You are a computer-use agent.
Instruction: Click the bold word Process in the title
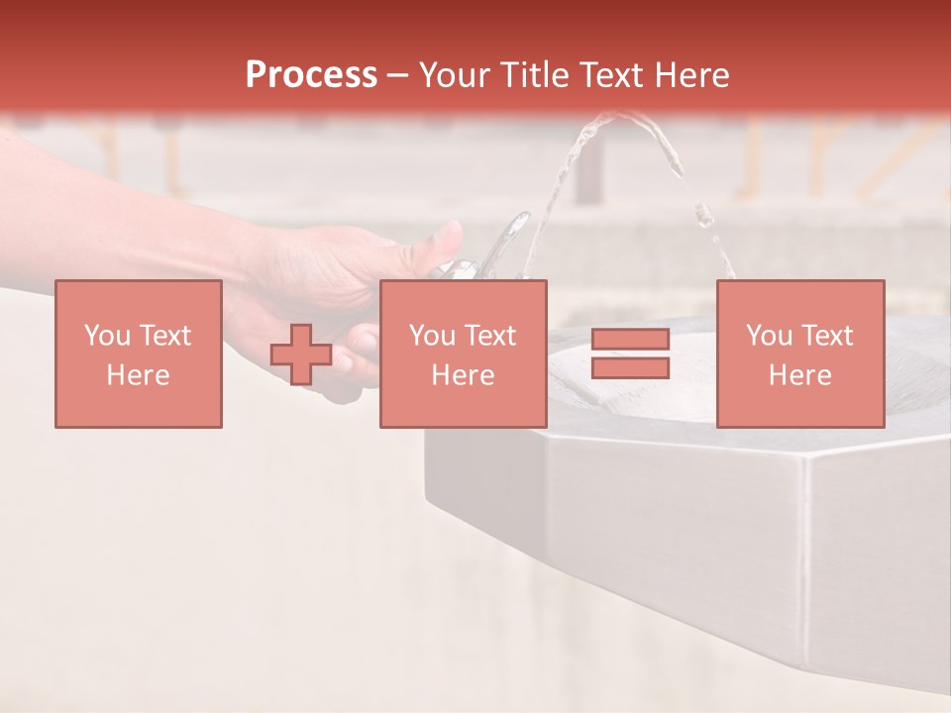311,75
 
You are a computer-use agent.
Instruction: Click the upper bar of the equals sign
630,340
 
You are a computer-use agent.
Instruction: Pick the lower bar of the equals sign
630,367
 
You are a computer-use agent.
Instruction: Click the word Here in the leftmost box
138,375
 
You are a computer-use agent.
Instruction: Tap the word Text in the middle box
489,336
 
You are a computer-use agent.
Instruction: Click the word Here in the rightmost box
799,375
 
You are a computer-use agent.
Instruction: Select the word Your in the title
455,75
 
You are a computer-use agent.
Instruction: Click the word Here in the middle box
463,375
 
